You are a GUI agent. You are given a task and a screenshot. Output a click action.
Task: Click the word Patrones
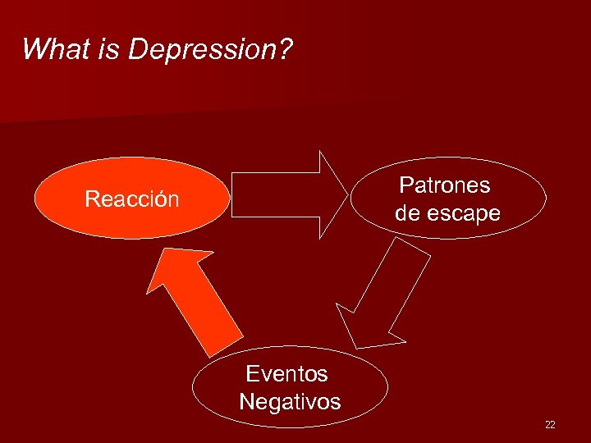point(444,185)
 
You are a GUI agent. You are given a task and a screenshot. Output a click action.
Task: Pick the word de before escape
point(408,213)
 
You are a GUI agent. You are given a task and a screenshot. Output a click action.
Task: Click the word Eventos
point(286,374)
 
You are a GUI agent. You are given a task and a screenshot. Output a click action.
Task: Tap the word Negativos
point(290,402)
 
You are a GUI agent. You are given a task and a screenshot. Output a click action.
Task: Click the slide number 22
point(550,424)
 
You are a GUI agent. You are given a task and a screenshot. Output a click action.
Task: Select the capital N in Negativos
point(246,402)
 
